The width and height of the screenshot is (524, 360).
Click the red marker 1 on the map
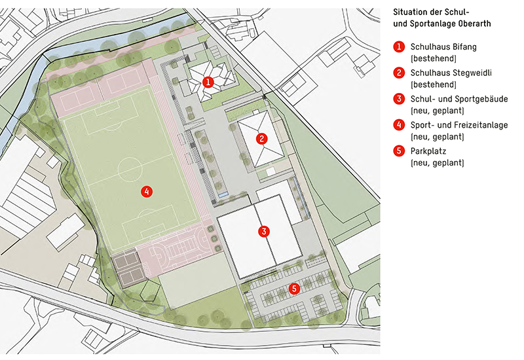tap(208, 82)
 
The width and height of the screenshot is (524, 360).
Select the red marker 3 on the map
tap(263, 231)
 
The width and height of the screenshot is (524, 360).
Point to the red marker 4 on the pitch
tap(147, 192)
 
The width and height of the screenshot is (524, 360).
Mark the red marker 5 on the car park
tap(295, 287)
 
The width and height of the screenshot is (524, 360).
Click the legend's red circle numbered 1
tap(398, 47)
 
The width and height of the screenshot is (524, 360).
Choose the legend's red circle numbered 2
tap(398, 73)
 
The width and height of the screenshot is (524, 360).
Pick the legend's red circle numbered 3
tap(398, 99)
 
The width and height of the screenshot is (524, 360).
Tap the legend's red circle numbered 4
tap(398, 124)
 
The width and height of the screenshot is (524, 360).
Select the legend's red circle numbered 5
tap(398, 151)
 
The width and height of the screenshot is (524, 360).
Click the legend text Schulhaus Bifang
tap(443, 47)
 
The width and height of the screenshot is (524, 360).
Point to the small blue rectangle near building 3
tap(224, 195)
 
